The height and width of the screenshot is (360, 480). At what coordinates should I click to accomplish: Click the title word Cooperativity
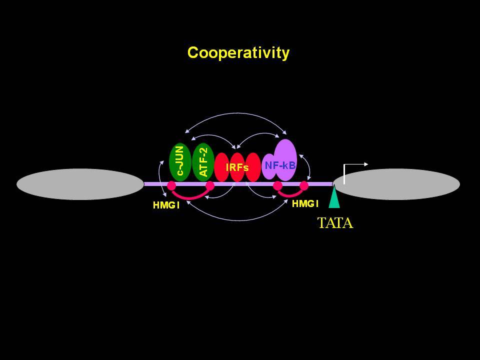(x=238, y=53)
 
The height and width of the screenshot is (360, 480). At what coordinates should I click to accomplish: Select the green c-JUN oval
(x=180, y=162)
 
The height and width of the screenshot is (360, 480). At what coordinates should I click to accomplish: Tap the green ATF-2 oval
(x=203, y=162)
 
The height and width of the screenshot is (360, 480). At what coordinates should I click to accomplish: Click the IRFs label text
(x=237, y=167)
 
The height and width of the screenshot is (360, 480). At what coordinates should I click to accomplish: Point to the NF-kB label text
(x=280, y=165)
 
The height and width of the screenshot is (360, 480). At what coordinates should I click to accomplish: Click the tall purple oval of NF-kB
(x=285, y=160)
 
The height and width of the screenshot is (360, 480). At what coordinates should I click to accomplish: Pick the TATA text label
(x=335, y=223)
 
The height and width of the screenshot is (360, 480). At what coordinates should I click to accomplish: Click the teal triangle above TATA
(x=334, y=198)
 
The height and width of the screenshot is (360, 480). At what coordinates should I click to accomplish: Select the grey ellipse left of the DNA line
(x=80, y=184)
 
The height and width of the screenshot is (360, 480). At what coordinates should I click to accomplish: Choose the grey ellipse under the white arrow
(x=396, y=184)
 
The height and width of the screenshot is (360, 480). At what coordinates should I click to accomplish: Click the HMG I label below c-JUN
(x=166, y=205)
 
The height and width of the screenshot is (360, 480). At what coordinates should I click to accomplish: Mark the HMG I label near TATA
(x=305, y=203)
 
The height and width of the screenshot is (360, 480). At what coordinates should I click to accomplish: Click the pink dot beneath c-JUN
(x=171, y=185)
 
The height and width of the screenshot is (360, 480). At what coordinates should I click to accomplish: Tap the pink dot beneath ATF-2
(x=210, y=185)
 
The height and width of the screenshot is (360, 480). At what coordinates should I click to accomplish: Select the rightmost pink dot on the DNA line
(x=303, y=185)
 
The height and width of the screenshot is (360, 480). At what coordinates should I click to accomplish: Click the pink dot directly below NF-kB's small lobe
(x=277, y=185)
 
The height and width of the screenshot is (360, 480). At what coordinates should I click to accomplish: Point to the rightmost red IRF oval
(x=253, y=167)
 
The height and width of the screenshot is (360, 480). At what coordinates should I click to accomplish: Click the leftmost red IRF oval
(x=222, y=167)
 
